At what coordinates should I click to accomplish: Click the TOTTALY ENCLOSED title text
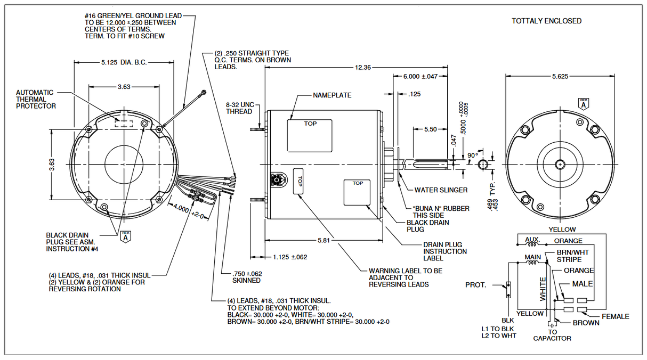[546, 21]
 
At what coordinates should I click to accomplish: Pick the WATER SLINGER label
[441, 190]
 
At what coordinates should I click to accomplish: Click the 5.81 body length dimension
[323, 240]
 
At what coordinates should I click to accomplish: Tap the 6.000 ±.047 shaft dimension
[420, 77]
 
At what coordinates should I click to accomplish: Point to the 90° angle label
[472, 155]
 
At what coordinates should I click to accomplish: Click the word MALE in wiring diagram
[582, 284]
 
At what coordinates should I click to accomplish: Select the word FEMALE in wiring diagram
[615, 316]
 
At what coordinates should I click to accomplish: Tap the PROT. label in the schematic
[475, 285]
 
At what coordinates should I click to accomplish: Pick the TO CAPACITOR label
[552, 335]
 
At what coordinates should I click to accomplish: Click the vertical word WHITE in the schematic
[543, 289]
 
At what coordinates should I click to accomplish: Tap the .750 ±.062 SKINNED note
[246, 277]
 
